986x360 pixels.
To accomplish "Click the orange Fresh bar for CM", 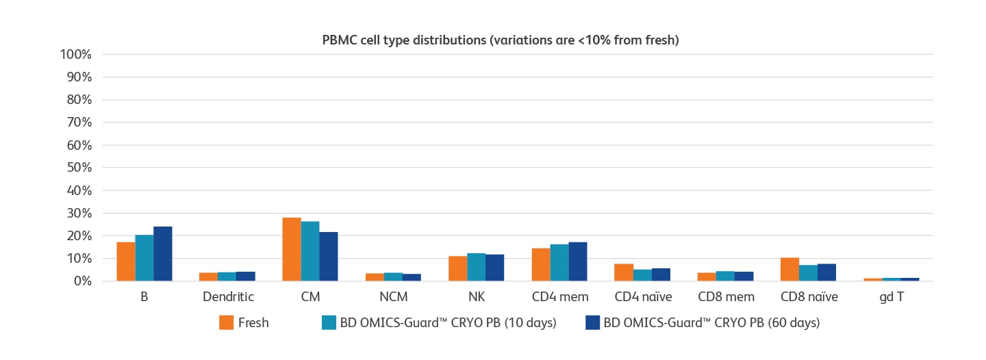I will tap(292, 250).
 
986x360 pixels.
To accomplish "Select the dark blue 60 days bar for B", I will tap(162, 254).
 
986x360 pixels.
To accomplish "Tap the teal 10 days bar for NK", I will tap(476, 268).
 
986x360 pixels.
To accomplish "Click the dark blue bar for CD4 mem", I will tap(578, 261).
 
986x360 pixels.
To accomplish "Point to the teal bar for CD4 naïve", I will tap(642, 275).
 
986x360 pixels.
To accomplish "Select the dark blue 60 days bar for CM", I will tap(329, 257).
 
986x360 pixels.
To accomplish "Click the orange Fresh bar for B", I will tap(126, 261).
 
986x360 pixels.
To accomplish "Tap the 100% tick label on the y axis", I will tap(77, 55).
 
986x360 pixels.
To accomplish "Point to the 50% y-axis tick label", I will tap(79, 168).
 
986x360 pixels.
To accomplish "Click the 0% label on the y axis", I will tap(82, 281).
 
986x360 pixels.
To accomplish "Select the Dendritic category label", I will tap(228, 297).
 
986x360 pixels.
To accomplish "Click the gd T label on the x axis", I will tap(892, 297).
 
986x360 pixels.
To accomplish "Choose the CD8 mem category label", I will tap(726, 297).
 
